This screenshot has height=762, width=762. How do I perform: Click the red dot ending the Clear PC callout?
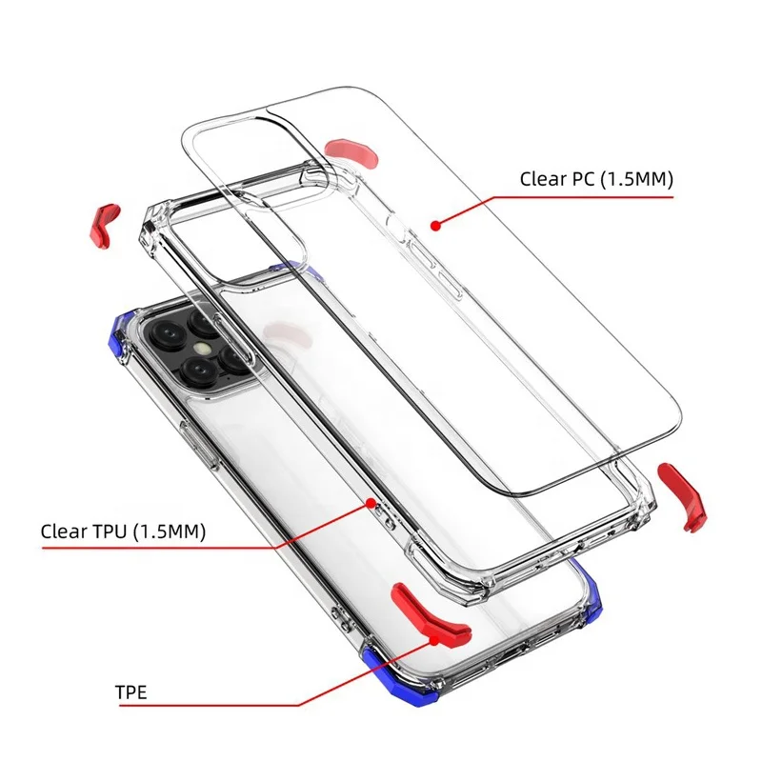[434, 226]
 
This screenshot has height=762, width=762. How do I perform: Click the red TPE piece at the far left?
[104, 221]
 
